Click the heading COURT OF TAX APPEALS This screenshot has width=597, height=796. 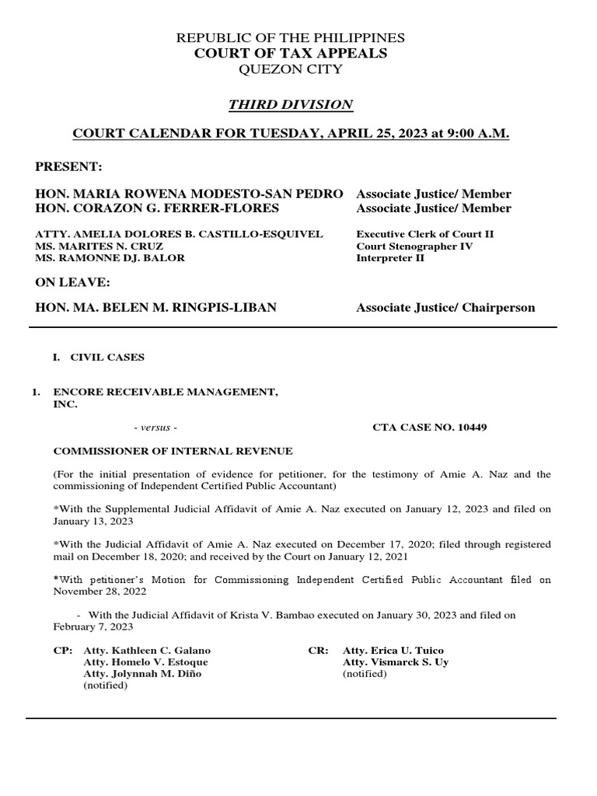pos(291,53)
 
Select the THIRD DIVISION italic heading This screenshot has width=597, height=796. pos(291,104)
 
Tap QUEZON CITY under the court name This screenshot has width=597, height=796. pos(291,69)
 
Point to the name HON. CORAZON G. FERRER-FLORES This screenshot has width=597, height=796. pos(158,208)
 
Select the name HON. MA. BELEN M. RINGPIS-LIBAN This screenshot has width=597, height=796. pos(155,307)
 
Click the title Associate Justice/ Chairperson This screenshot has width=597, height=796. pos(445,307)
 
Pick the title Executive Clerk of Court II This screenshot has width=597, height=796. pos(425,234)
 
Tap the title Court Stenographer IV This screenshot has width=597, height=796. pos(414,246)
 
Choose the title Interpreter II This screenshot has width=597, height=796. pos(390,257)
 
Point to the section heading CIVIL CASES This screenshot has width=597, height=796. pos(107,358)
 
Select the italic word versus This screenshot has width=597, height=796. pos(155,428)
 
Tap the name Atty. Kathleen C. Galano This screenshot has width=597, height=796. pos(147,650)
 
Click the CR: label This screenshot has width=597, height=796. pos(319,650)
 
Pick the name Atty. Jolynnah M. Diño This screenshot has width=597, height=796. pos(142,674)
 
